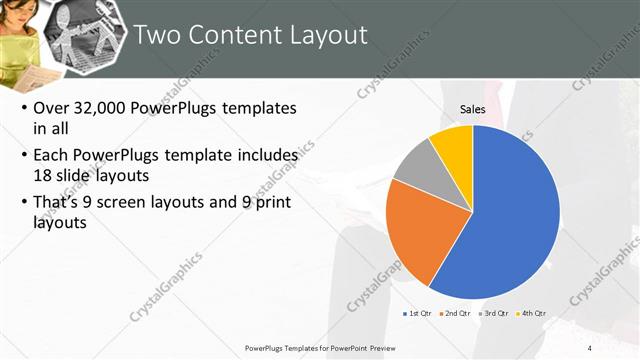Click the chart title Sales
pyautogui.click(x=472, y=108)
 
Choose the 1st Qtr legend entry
pyautogui.click(x=419, y=313)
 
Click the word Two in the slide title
pyautogui.click(x=153, y=36)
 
